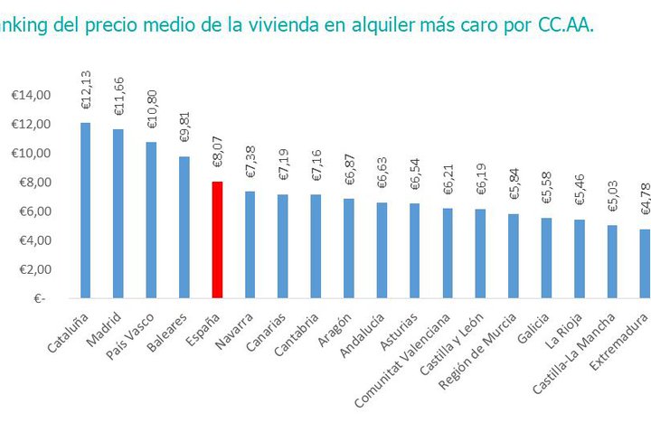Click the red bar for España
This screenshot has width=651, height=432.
[217, 239]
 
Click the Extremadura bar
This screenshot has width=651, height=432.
[646, 263]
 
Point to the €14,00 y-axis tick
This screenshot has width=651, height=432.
[30, 96]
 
